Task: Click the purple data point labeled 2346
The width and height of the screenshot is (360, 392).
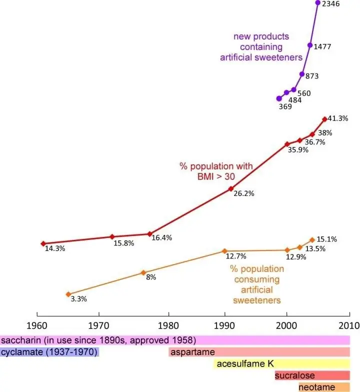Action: (x=318, y=3)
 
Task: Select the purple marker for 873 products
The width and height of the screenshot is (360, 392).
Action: (x=302, y=74)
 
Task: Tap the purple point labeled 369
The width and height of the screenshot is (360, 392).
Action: (x=279, y=99)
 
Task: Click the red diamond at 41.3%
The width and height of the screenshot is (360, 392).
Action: (x=325, y=119)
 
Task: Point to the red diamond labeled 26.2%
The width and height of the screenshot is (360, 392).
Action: (x=231, y=189)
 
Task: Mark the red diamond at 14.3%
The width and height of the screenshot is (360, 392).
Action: (x=43, y=243)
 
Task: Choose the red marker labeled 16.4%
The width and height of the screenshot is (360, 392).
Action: (x=149, y=234)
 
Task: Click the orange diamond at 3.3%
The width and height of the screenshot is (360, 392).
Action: (x=68, y=294)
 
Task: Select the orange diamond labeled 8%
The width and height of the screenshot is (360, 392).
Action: (x=143, y=272)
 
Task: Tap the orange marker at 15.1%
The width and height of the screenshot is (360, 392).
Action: (x=312, y=240)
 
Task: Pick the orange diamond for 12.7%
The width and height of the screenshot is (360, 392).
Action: (x=224, y=251)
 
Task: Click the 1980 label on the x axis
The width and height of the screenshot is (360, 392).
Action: (x=168, y=326)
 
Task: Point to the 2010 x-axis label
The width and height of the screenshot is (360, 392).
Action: (x=349, y=326)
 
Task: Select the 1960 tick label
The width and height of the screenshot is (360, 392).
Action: (x=37, y=326)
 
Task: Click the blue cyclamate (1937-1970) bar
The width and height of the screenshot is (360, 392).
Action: (x=49, y=352)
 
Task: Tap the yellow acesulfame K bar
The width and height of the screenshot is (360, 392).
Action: (x=282, y=364)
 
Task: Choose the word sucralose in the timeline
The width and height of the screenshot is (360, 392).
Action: (x=295, y=375)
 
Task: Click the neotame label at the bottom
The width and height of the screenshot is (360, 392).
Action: (x=317, y=387)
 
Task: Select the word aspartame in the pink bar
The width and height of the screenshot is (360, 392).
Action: (x=192, y=352)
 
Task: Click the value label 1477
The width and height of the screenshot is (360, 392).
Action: (x=322, y=47)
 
